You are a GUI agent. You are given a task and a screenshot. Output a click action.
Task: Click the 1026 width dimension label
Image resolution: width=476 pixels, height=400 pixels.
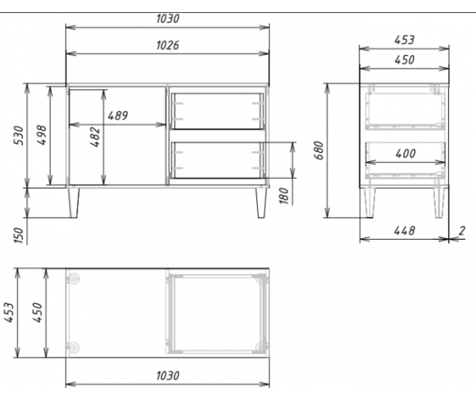click(x=168, y=46)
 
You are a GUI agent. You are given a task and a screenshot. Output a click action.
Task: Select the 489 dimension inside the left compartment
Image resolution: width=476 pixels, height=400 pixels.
click(x=118, y=115)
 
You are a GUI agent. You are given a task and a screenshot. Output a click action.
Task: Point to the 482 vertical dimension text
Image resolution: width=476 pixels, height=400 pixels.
click(x=95, y=137)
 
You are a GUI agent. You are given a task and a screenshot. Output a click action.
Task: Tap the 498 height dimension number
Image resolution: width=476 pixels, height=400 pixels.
click(x=42, y=135)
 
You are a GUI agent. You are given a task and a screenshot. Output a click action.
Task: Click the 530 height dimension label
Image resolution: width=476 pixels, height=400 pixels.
click(x=19, y=135)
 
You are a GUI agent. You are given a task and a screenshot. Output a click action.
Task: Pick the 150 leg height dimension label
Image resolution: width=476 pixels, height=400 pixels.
click(x=19, y=235)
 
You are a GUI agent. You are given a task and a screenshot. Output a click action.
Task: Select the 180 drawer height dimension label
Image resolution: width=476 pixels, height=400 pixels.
click(x=283, y=196)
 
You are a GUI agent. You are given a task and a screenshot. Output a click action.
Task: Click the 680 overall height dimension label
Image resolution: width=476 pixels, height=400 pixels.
click(x=319, y=150)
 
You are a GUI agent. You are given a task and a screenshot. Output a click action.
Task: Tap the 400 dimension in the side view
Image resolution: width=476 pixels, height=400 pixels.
click(x=405, y=154)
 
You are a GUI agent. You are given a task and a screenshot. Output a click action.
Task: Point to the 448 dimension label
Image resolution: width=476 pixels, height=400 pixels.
click(x=404, y=231)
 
